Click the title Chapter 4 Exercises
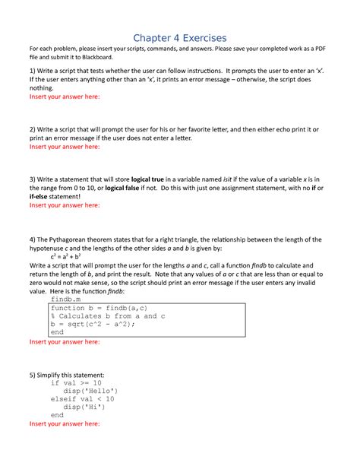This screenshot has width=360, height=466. (x=180, y=38)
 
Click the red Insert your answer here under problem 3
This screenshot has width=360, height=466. (x=64, y=204)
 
